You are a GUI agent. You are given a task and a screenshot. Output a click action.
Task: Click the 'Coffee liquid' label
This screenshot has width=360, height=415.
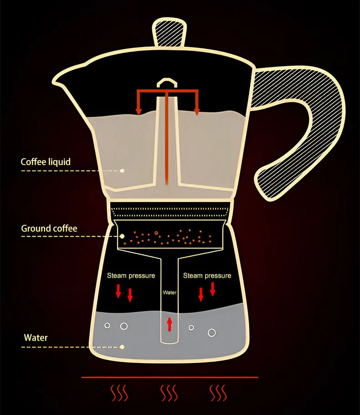tap(46, 162)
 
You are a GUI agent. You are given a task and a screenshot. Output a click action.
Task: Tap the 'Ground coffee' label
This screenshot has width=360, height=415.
tap(49, 228)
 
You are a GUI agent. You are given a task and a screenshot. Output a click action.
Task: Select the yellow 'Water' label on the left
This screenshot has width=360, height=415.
tap(36, 338)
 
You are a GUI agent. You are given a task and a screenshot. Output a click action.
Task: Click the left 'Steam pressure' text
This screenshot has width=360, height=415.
tap(131, 275)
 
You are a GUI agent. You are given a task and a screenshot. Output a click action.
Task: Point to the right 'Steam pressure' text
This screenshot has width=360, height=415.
tap(207, 275)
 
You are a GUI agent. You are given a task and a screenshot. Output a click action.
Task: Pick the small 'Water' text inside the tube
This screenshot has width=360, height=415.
tap(170, 293)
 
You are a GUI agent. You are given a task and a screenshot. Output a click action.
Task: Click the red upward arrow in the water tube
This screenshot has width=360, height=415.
tap(170, 324)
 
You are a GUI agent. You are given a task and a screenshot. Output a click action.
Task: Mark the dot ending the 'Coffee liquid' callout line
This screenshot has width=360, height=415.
tap(122, 171)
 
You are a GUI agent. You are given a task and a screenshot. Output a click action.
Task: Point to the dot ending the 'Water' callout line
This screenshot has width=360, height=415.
tap(122, 347)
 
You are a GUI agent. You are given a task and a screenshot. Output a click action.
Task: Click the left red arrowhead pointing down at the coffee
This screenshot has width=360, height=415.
tap(139, 110)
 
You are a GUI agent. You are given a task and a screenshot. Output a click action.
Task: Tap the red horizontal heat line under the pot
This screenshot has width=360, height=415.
tap(170, 377)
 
